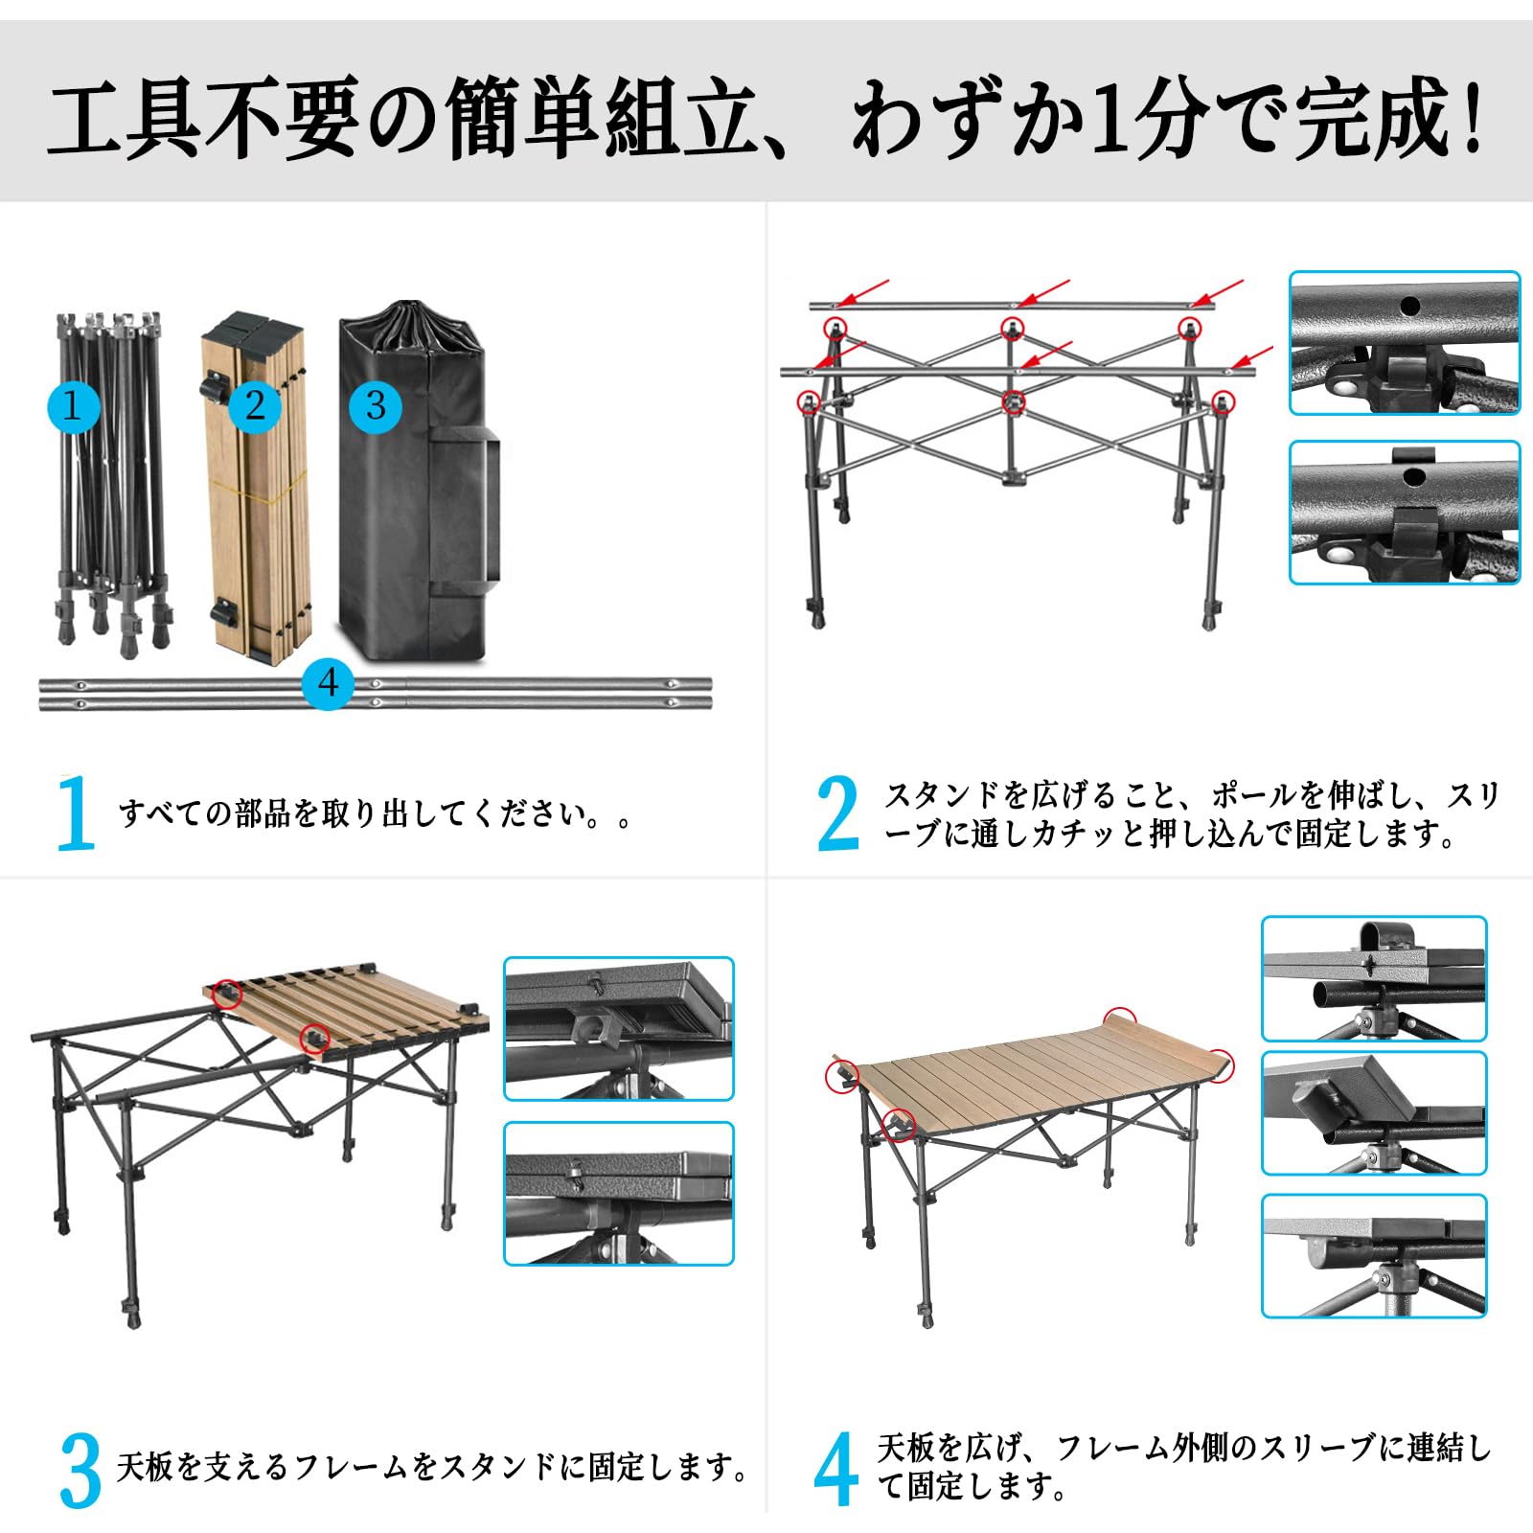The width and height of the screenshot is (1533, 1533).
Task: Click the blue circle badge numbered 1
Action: point(73,406)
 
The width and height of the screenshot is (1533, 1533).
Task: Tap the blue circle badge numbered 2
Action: point(254,405)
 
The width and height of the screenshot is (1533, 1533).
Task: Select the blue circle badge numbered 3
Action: point(376,405)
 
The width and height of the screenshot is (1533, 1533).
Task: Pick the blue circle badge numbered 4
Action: point(328,683)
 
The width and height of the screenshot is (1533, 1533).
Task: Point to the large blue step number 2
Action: point(837,813)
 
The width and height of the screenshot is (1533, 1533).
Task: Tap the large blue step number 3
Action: point(80,1471)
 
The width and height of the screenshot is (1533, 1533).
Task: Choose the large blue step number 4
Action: point(835,1471)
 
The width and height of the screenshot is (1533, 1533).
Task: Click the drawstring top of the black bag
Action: point(412,321)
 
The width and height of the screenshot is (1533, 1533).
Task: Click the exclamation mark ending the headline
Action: point(1473,119)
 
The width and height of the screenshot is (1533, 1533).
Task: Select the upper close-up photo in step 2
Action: point(1404,343)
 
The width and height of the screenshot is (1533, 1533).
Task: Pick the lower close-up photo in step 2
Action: point(1404,513)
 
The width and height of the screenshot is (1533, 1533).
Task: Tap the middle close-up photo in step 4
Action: point(1373,1113)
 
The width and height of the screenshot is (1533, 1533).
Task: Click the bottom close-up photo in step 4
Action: point(1373,1256)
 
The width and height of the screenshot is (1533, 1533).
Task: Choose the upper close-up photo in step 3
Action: point(618,1028)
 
